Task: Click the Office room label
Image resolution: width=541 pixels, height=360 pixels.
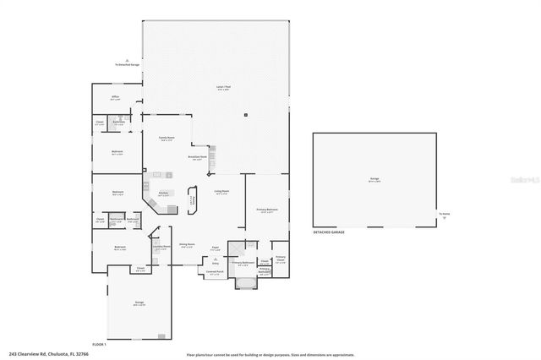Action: (x=115, y=97)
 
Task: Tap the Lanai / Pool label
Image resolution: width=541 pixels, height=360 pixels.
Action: (x=223, y=88)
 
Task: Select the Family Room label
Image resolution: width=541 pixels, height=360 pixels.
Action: (x=167, y=138)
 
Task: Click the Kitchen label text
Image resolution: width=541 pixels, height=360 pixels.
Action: (x=163, y=194)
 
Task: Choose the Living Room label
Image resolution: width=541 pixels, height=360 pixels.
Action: (x=222, y=191)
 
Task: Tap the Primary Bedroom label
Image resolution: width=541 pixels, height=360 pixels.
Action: (x=267, y=210)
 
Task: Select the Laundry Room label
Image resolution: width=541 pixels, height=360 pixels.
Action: (x=161, y=248)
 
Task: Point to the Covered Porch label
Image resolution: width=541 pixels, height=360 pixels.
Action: (x=215, y=273)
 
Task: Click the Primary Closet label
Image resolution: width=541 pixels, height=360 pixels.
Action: (x=281, y=259)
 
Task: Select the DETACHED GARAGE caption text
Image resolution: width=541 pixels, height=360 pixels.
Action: (x=328, y=231)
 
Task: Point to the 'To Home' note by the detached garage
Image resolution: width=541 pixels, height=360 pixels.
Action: (x=443, y=214)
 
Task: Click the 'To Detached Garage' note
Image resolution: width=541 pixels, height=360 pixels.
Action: (x=128, y=64)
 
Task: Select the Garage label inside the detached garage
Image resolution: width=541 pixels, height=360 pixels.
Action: (x=374, y=179)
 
